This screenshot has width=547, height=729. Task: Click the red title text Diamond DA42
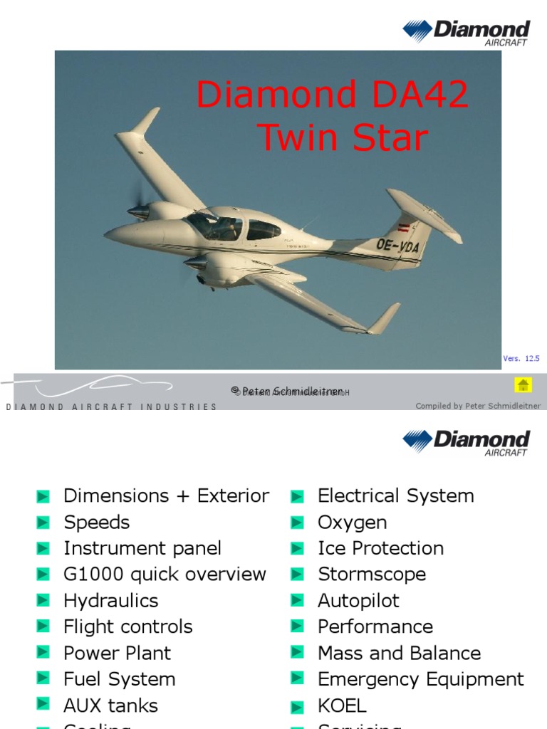333,95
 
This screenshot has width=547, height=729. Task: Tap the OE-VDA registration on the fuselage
397,246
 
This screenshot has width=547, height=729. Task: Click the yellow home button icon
523,385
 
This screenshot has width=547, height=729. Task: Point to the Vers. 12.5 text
521,359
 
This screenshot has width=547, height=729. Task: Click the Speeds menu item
96,523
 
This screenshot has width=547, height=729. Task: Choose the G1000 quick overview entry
165,575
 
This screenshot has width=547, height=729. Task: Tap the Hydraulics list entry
110,601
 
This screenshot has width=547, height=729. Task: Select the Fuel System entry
119,680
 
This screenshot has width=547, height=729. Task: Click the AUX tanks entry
110,706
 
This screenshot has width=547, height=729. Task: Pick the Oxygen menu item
352,523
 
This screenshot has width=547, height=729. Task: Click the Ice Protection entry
380,549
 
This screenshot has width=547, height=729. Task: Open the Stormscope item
372,575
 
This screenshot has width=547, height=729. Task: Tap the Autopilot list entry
358,601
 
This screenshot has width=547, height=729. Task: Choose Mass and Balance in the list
399,654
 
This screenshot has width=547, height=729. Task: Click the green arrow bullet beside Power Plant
43,654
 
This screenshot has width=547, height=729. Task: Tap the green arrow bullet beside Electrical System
298,496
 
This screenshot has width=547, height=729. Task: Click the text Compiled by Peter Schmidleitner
478,406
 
